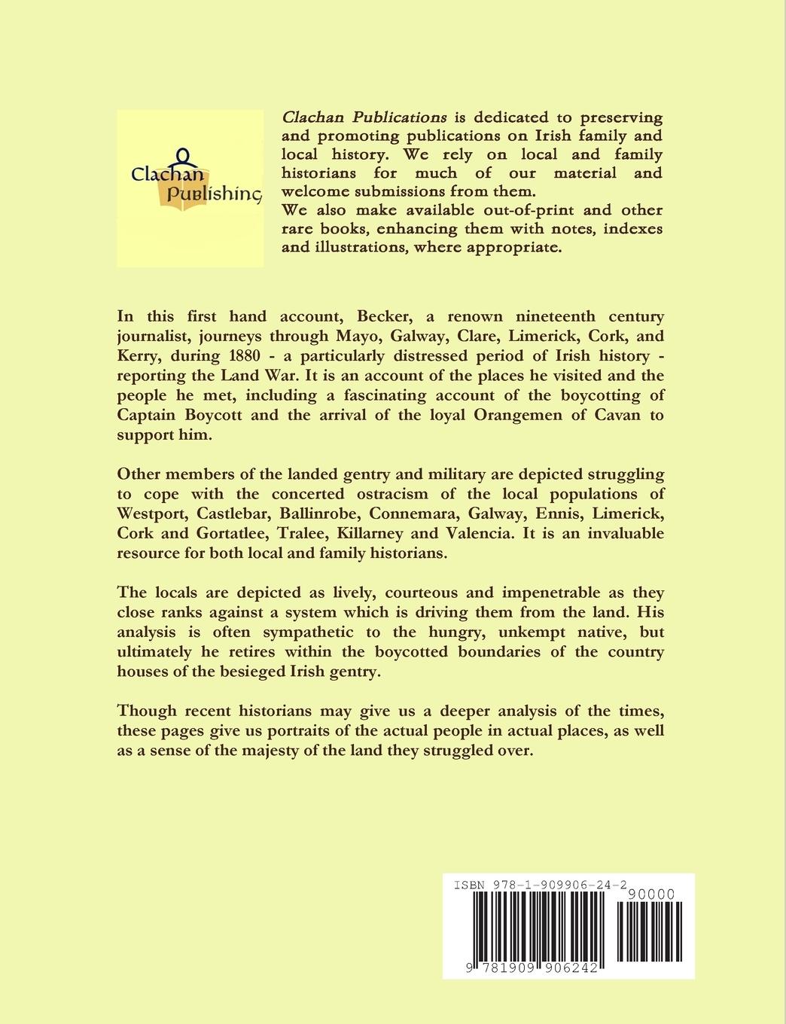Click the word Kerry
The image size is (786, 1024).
pyautogui.click(x=141, y=355)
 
